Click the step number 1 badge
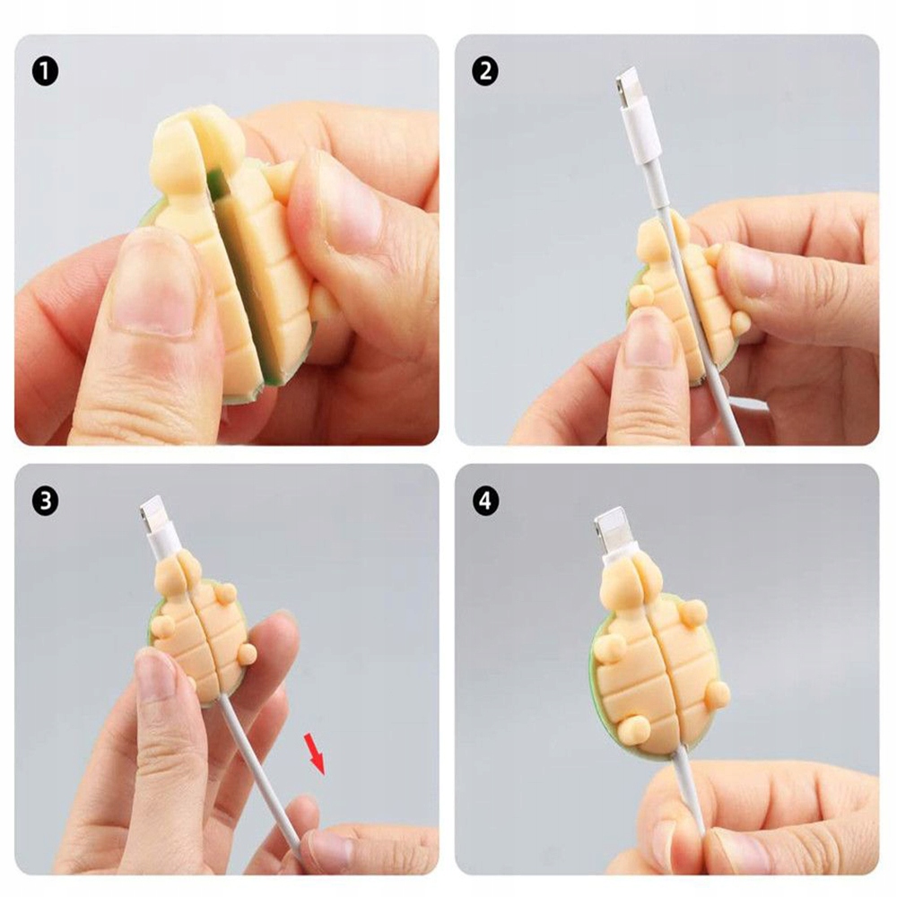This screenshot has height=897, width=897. pos(45,72)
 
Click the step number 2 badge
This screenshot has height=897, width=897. pos(485,72)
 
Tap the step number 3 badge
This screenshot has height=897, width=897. pos(45,501)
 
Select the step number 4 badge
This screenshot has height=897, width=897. pos(485,501)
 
